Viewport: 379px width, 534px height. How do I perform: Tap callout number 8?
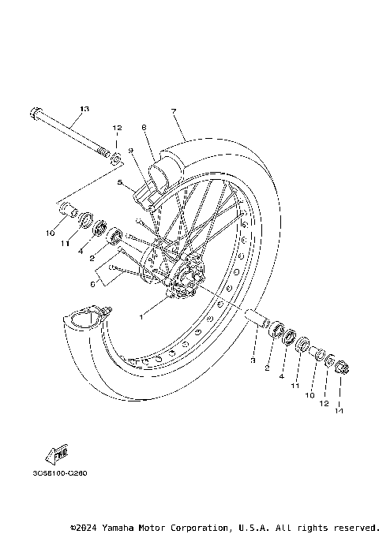(x=144, y=127)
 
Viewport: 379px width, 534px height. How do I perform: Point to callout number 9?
(x=129, y=151)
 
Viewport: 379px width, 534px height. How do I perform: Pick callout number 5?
(x=120, y=183)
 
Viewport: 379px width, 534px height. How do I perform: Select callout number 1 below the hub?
(x=141, y=316)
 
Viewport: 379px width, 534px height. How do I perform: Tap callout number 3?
(x=253, y=360)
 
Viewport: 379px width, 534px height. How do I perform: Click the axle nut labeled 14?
(x=341, y=366)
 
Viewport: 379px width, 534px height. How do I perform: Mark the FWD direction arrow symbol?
(x=57, y=454)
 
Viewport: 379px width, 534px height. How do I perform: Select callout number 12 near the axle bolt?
(x=117, y=128)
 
